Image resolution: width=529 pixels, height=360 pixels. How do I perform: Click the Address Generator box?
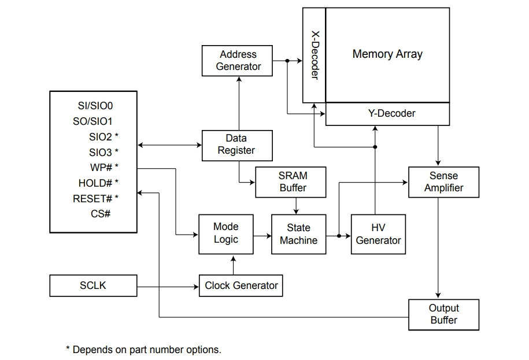tap(237, 61)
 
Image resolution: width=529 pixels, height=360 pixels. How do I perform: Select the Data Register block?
tap(237, 146)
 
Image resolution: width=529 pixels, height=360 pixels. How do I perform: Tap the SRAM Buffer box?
tap(291, 182)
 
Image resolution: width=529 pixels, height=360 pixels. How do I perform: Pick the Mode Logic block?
tap(226, 234)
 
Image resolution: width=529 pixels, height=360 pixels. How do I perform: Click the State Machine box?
tap(298, 234)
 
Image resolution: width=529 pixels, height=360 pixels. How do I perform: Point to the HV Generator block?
tap(378, 234)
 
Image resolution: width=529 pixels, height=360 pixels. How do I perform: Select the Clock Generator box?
tap(241, 286)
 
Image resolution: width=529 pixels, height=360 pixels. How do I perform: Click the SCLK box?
tap(94, 286)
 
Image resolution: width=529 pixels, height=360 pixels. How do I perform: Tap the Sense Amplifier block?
tap(443, 182)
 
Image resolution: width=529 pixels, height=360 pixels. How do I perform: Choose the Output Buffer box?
tap(443, 315)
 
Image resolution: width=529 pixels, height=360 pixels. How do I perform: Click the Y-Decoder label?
tap(391, 113)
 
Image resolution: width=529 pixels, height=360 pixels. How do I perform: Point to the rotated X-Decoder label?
tap(315, 55)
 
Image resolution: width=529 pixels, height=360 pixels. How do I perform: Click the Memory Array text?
tap(387, 54)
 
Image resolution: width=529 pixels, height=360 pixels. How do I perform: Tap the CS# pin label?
tap(101, 214)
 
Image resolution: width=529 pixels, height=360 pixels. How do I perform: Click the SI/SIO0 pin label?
tap(95, 106)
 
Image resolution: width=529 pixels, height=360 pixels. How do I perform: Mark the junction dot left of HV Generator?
tap(339, 236)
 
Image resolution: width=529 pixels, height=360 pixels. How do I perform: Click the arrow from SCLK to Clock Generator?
tap(168, 287)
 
